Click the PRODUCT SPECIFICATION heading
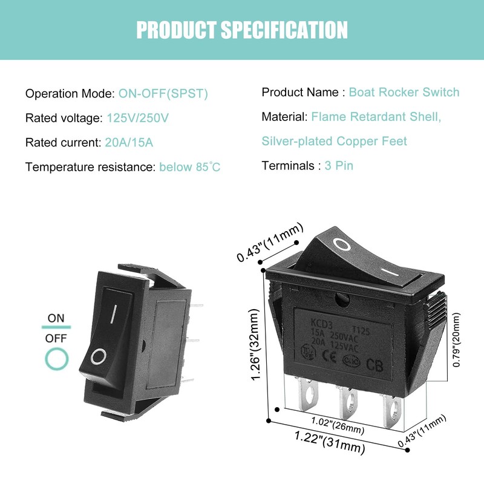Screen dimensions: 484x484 click(x=242, y=30)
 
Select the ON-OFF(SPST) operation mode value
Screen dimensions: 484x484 click(x=163, y=94)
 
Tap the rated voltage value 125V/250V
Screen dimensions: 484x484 click(x=137, y=118)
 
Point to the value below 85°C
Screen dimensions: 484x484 click(x=190, y=167)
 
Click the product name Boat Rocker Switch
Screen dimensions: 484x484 click(x=404, y=93)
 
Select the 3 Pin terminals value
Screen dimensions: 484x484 click(x=339, y=165)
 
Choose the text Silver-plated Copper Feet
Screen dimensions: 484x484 click(x=334, y=141)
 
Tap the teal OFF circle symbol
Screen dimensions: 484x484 click(x=56, y=359)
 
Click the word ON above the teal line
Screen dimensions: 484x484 click(x=56, y=318)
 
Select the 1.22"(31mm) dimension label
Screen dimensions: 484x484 click(x=330, y=442)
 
